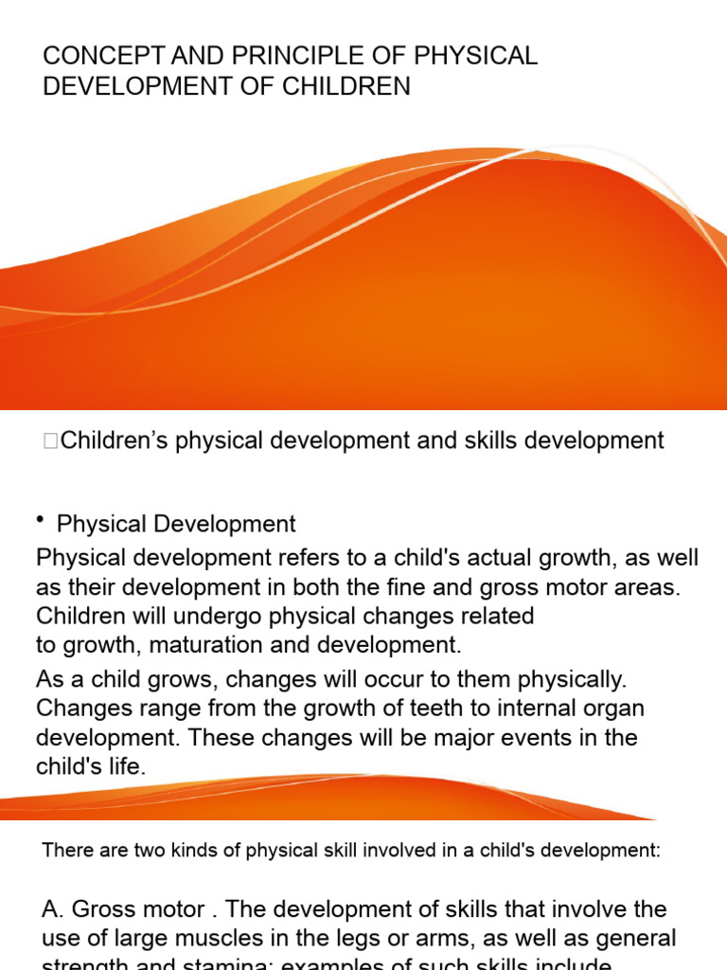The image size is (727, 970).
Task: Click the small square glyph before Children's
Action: (x=50, y=441)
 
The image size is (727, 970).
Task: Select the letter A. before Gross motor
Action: (x=52, y=909)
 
